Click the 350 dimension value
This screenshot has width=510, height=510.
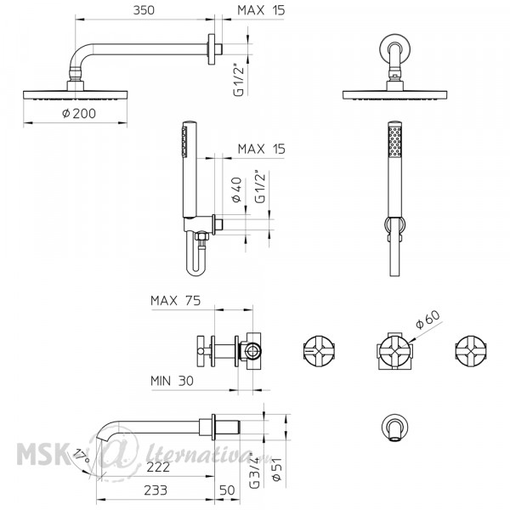144,10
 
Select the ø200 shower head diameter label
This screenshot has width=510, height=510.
79,114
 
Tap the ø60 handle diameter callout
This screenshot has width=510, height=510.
428,319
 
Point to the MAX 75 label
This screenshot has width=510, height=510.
176,301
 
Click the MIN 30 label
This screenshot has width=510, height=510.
172,381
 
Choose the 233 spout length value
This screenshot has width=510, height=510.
156,490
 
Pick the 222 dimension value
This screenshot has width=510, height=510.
158,467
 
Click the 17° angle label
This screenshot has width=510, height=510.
82,456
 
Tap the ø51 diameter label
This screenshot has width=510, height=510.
277,469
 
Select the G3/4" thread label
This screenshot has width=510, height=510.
254,470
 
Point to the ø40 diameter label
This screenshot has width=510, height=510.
237,190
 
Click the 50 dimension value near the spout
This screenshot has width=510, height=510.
227,490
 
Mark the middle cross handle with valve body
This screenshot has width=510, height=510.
395,352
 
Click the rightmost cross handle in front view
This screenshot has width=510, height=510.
471,352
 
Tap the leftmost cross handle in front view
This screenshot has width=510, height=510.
319,352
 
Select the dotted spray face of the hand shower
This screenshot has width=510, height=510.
395,142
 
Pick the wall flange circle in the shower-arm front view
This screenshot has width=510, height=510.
395,49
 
